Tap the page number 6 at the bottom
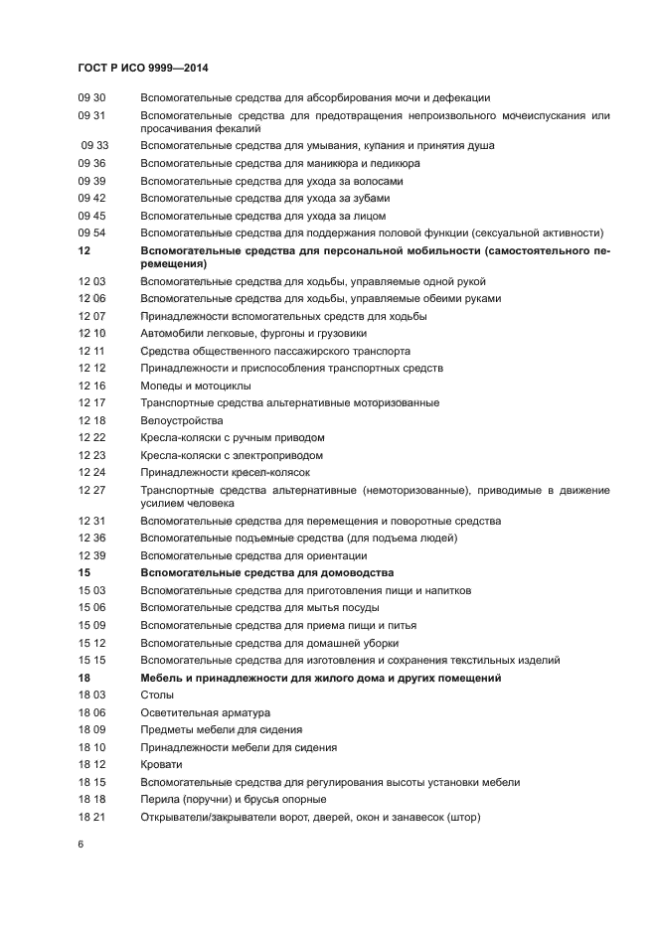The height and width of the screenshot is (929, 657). (x=81, y=844)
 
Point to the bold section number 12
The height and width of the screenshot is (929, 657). (x=83, y=251)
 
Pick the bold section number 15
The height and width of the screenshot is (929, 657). (x=83, y=573)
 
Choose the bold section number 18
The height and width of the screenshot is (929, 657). (x=83, y=678)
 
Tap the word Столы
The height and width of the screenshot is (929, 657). (x=157, y=695)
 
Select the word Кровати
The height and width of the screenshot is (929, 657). (x=162, y=764)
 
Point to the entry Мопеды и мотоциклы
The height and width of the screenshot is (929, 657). (x=196, y=386)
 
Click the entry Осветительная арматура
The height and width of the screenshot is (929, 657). (x=205, y=712)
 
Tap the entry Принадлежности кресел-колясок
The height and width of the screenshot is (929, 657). (x=226, y=472)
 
